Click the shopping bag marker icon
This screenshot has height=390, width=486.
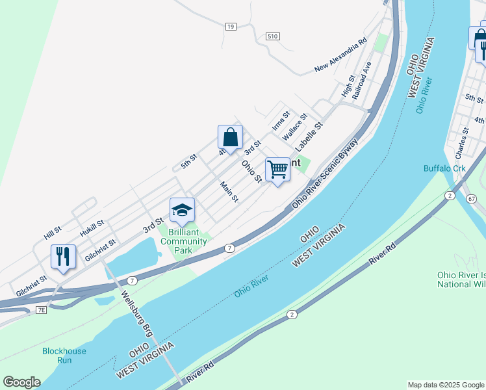[x=230, y=137]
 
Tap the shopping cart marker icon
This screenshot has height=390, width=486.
[x=277, y=169]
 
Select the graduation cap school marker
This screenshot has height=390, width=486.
[x=182, y=210]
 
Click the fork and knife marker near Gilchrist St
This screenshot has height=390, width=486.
[x=63, y=256]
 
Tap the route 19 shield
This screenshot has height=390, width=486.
[x=231, y=26]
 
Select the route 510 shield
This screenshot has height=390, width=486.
[x=272, y=36]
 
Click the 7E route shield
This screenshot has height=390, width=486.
[x=41, y=310]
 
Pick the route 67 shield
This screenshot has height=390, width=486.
[x=470, y=198]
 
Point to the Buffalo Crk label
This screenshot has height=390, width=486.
[x=445, y=168]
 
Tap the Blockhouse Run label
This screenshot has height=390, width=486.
[x=64, y=356]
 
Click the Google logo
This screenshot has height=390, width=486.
[x=21, y=382]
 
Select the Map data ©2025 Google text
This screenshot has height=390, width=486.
[x=445, y=385]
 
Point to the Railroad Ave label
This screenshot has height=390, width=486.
[x=361, y=80]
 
